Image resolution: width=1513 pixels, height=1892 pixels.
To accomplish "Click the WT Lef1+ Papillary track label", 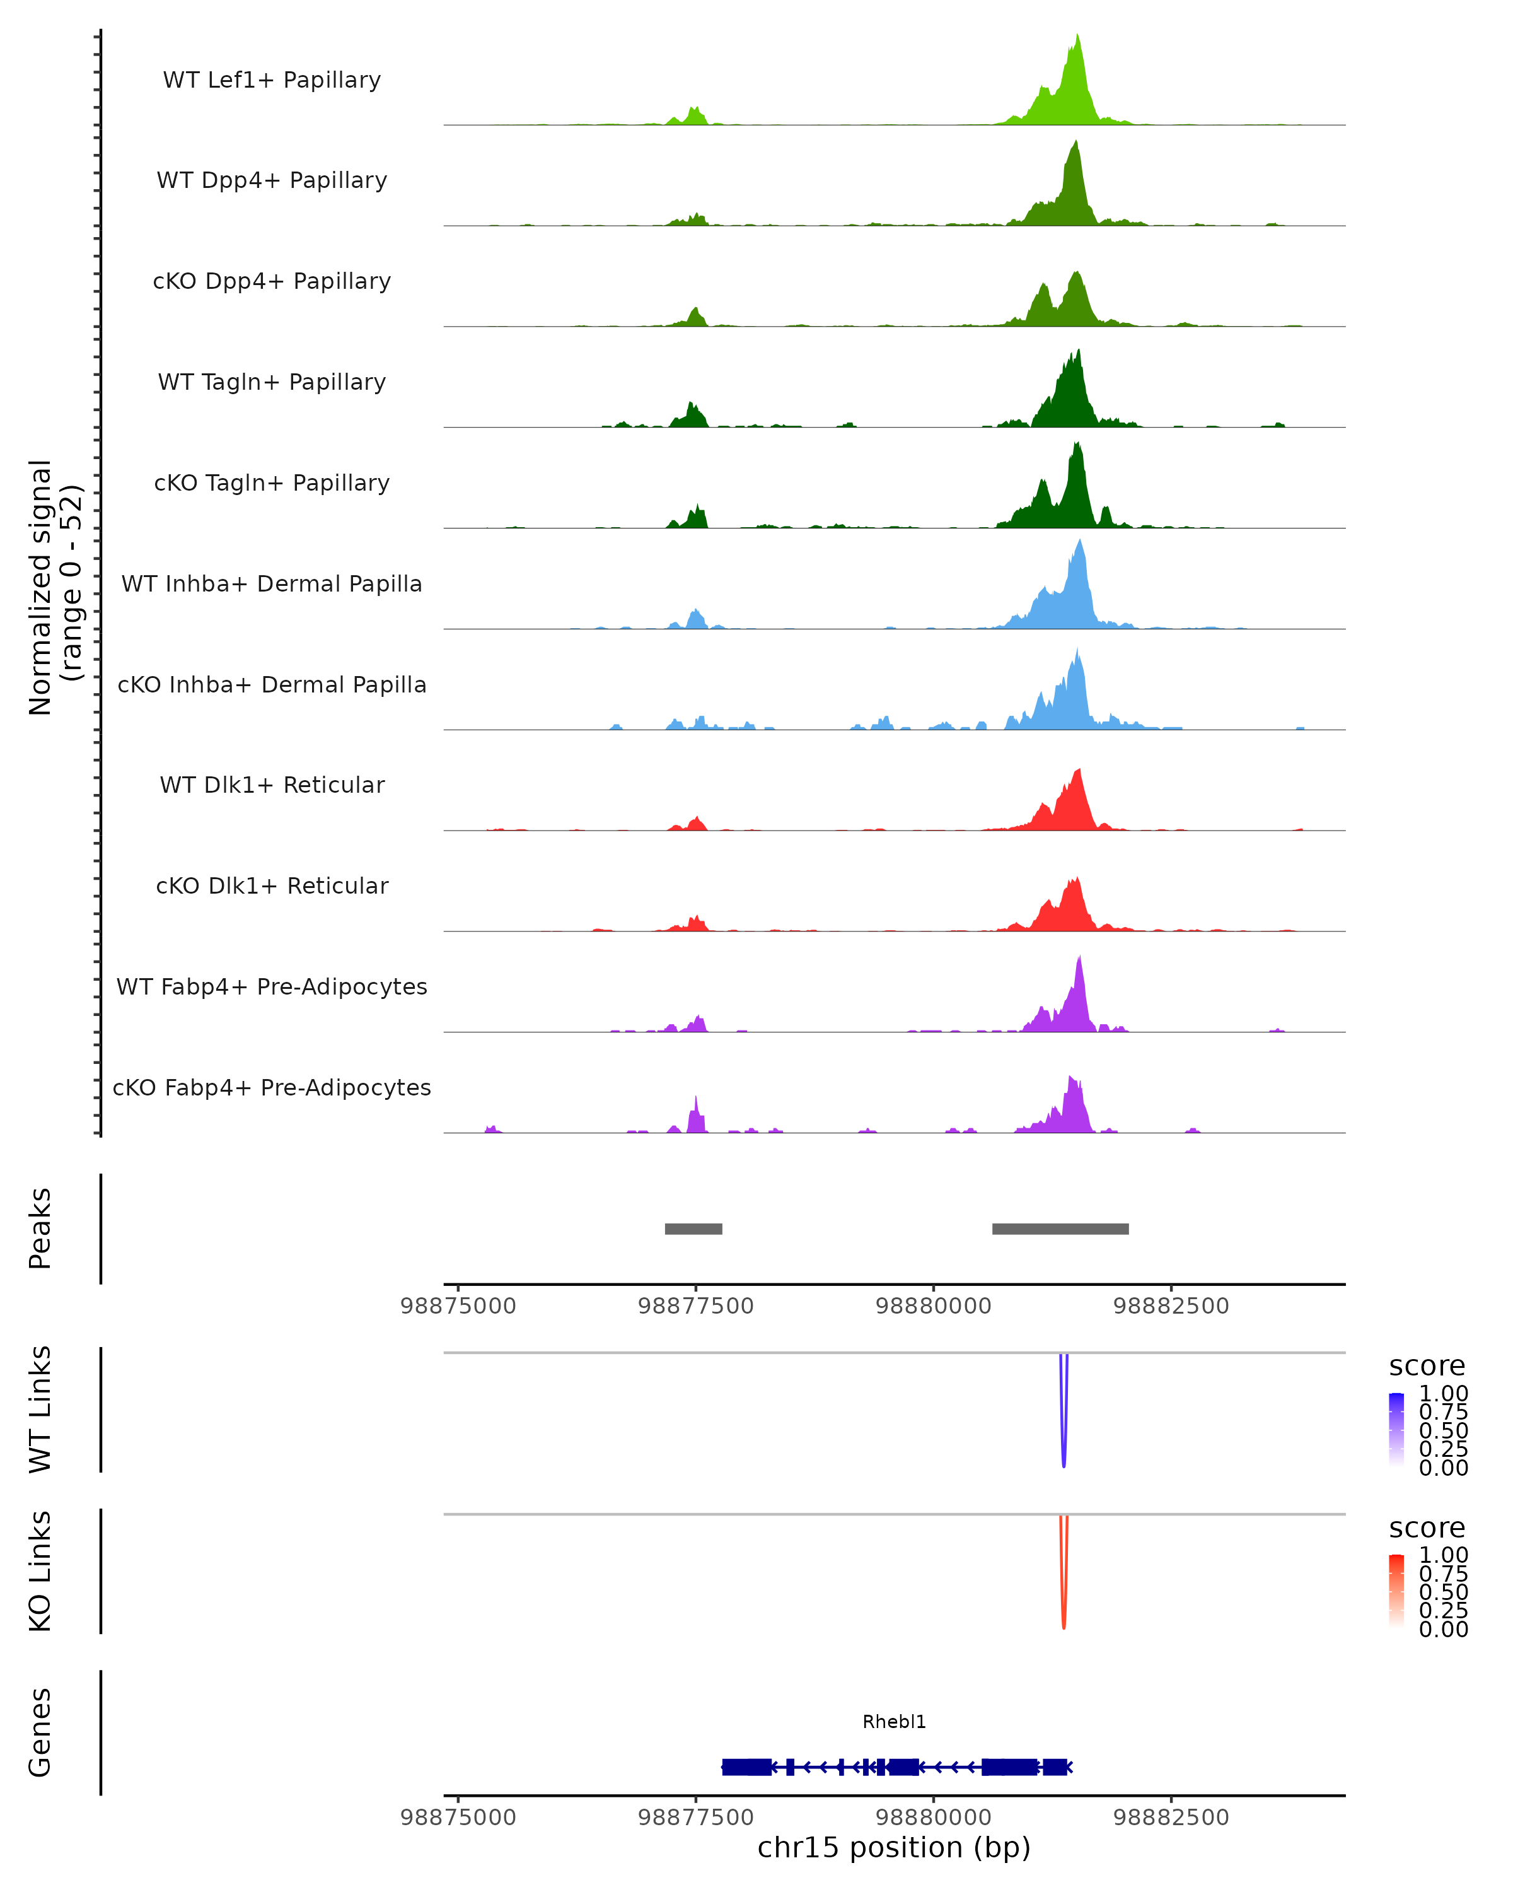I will (x=272, y=80).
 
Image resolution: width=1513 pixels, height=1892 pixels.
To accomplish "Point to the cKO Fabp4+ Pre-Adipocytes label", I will (x=272, y=1087).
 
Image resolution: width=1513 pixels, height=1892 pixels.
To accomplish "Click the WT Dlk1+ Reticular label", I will (x=272, y=785).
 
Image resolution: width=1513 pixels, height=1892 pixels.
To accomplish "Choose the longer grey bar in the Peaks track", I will (x=1060, y=1229).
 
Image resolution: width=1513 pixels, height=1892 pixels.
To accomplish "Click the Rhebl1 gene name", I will (x=894, y=1722).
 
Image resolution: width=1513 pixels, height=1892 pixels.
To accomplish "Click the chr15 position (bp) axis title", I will (x=894, y=1848).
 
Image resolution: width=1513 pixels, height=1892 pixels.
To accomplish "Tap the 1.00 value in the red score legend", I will (x=1443, y=1554).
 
